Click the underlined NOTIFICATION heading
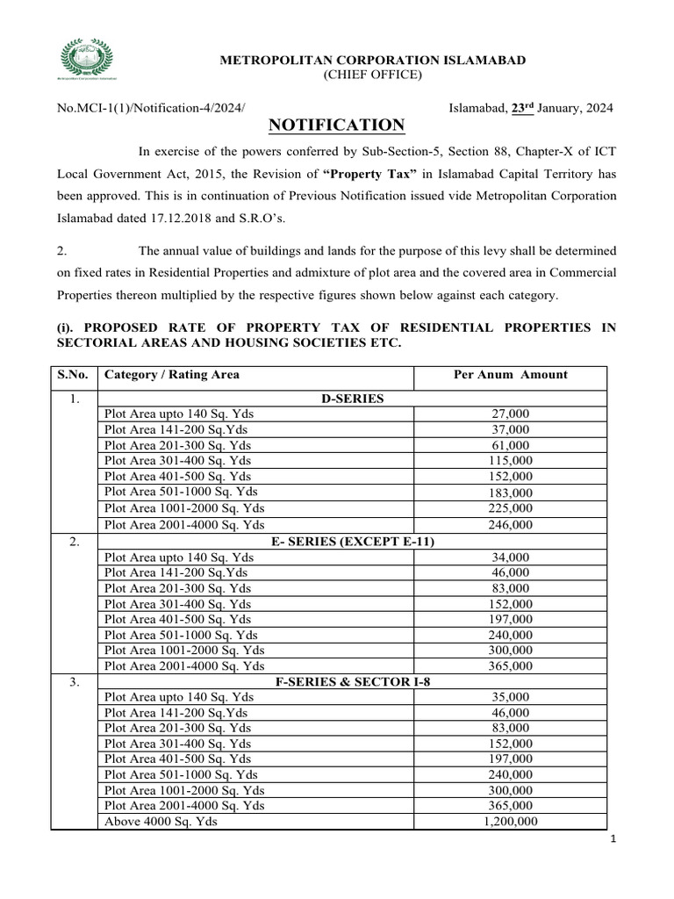pos(336,125)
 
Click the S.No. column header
pos(73,375)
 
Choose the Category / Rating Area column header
pos(171,375)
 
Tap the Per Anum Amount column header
pos(510,375)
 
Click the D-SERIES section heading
pos(352,399)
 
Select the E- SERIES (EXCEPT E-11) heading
pos(352,542)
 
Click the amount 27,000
pos(510,414)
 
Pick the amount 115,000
pos(510,461)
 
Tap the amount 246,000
pos(510,525)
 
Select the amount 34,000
pos(510,557)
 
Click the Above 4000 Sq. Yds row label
pos(161,823)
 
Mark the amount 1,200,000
pos(510,823)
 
